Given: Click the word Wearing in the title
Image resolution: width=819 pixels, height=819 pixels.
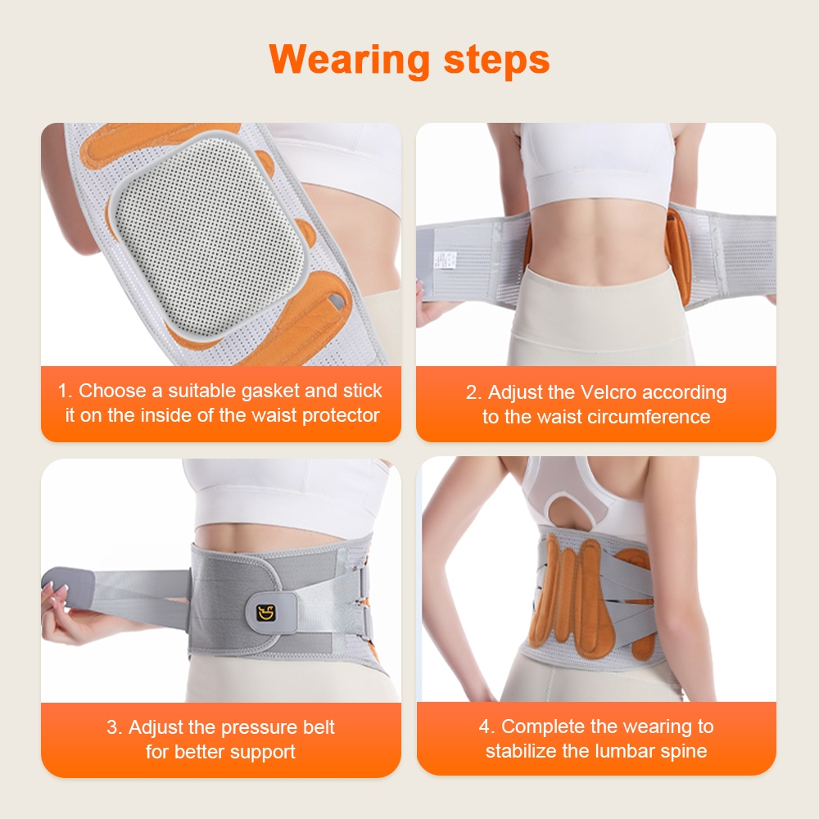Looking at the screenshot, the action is [x=349, y=60].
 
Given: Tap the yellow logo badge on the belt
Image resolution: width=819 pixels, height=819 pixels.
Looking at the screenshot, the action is [x=266, y=612].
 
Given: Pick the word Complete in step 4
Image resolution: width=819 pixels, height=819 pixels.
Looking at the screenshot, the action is [x=542, y=726].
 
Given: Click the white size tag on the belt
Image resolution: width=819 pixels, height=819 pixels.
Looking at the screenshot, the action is [x=445, y=260].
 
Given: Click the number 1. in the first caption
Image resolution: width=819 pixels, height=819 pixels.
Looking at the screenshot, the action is [x=66, y=391].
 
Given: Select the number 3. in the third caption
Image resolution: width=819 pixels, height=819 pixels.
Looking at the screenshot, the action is [x=115, y=727].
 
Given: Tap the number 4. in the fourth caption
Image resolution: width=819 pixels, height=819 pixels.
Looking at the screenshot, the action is [x=486, y=726].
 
